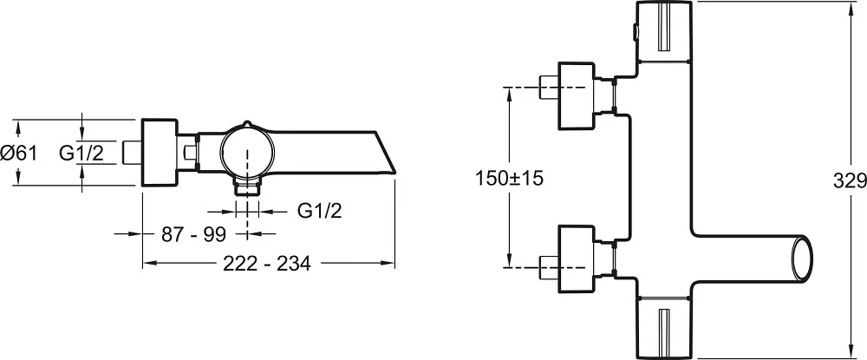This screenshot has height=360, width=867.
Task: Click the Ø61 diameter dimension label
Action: point(19,152)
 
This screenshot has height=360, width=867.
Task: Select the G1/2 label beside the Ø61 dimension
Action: point(81,152)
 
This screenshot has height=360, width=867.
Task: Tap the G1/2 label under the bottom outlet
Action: point(320,210)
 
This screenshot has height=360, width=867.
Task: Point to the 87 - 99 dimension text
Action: point(194,234)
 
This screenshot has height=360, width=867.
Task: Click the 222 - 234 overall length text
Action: point(267,264)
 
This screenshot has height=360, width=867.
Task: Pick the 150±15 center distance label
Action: point(509,178)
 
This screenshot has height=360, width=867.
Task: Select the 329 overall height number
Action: point(850,180)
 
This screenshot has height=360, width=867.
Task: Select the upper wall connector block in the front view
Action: point(577,96)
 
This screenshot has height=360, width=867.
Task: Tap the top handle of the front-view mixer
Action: point(664,31)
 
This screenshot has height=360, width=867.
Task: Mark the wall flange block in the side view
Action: point(160,152)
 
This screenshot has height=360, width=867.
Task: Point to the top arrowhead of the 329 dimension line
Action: point(851,8)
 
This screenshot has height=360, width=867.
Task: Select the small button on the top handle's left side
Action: point(636,33)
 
